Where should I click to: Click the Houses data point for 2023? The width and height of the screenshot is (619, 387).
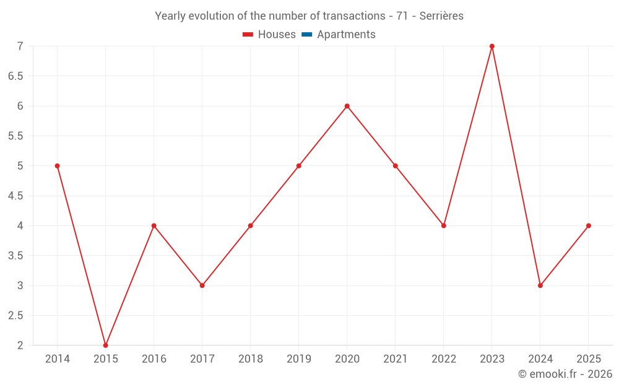coord(492,46)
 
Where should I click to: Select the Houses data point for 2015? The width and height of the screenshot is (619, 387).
coord(106,345)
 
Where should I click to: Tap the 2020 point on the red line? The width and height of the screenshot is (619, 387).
coord(347,106)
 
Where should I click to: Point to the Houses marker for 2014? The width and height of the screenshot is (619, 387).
coord(58,166)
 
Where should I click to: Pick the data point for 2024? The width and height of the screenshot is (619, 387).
coord(540,285)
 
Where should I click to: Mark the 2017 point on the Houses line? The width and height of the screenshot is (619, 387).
coord(202,285)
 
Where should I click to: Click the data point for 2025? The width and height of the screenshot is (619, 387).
coord(589,225)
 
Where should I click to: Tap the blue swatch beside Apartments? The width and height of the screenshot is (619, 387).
coord(306,35)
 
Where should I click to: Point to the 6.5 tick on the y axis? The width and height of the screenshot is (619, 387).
coord(15,76)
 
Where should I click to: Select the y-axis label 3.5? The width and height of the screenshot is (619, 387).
coord(15,256)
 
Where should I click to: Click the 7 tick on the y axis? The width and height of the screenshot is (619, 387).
coord(20,46)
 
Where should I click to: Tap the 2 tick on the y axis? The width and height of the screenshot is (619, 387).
coord(20,346)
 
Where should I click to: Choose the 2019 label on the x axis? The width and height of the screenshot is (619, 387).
coord(299,359)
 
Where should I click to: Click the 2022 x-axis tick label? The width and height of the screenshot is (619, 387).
coord(444,359)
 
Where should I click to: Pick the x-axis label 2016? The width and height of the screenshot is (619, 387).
coord(154,359)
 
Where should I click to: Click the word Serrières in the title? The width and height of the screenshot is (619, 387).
coord(441,16)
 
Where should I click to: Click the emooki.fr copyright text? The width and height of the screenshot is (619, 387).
coord(565,374)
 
